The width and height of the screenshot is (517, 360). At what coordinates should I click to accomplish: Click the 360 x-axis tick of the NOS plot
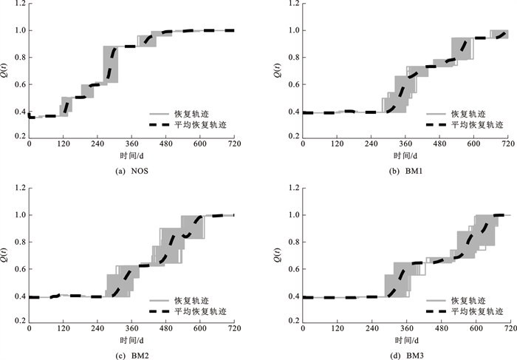tap(131, 143)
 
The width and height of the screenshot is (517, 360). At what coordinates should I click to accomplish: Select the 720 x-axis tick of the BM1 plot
tap(507, 143)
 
